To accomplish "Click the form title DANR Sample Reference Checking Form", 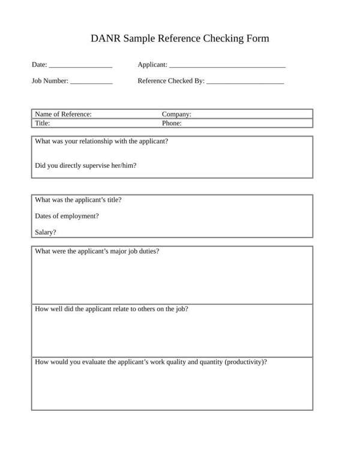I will (180, 39).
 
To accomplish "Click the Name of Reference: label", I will (63, 114).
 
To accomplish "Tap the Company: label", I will (176, 114).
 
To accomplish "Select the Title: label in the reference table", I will (42, 123).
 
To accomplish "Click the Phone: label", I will (172, 123).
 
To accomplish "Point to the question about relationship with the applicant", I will (101, 142).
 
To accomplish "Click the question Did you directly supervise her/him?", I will (86, 166).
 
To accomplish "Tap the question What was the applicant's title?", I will (79, 200).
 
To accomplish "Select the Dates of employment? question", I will (67, 216).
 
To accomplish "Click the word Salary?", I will (46, 233).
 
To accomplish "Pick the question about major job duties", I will (97, 251).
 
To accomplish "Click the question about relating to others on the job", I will (112, 309).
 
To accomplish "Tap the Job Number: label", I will (50, 81).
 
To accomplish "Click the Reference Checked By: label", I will (171, 81).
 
